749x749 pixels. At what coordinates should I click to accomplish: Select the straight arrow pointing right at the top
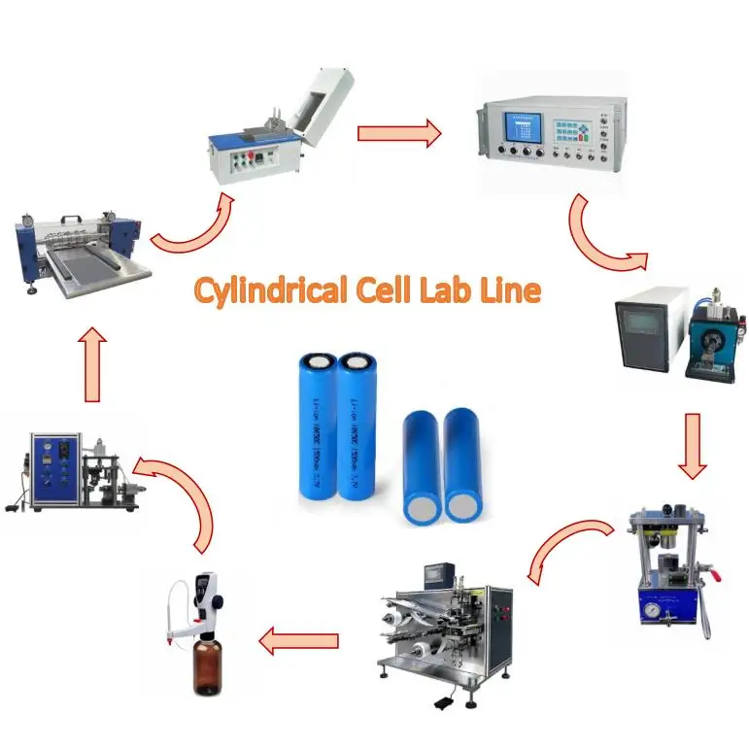pyautogui.click(x=398, y=133)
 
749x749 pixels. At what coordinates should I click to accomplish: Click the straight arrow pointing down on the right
pyautogui.click(x=691, y=446)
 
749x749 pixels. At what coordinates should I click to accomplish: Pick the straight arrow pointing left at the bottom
pyautogui.click(x=298, y=640)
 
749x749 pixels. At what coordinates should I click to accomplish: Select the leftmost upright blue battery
pyautogui.click(x=316, y=426)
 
